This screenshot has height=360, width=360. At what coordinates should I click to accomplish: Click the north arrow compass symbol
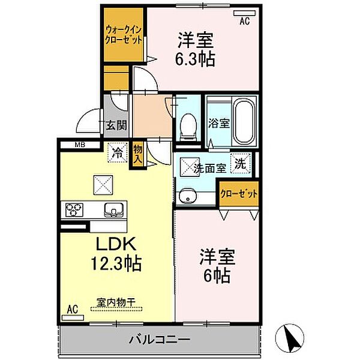pos(290,338)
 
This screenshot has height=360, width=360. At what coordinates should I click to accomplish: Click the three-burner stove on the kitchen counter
pos(74,209)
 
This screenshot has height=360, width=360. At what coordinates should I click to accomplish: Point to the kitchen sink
pos(113,209)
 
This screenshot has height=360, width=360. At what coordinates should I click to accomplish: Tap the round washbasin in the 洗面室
pos(188,196)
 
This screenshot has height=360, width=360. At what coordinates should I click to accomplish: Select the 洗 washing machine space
pos(240,163)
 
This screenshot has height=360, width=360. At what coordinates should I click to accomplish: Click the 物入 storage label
pos(138,155)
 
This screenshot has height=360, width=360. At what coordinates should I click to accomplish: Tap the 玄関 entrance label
pos(116,125)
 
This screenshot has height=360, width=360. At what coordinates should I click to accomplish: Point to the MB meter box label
pos(80,145)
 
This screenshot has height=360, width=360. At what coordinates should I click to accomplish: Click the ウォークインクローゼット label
pos(124,35)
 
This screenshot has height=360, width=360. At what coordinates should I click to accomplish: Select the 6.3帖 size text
pos(195,59)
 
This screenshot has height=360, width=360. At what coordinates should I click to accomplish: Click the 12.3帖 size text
pos(116,263)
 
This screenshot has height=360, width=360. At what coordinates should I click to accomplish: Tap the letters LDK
pos(116,244)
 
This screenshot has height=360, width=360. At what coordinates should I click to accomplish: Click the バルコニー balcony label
pos(160,340)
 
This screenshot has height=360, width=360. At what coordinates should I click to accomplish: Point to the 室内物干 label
pos(116,302)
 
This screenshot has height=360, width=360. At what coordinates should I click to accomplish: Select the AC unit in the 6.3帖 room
pos(245,13)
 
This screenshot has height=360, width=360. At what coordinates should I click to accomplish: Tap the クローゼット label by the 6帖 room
pos(239,194)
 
